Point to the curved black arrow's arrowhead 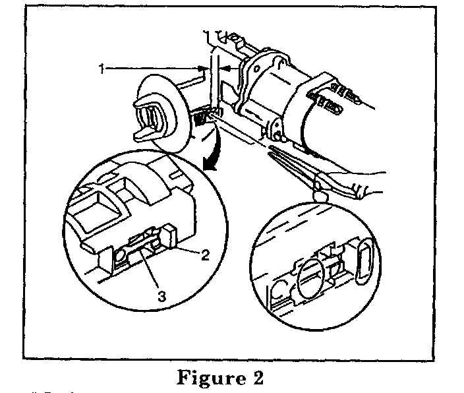tap(210, 167)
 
